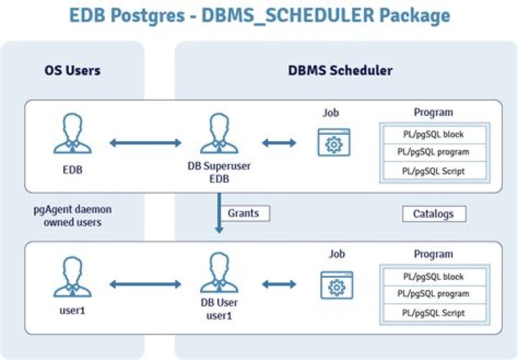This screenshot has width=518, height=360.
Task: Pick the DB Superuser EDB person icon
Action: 219,135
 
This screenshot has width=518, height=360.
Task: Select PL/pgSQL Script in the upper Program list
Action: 433,171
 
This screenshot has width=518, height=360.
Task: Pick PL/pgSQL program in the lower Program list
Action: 433,294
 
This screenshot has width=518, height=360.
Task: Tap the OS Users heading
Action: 72,71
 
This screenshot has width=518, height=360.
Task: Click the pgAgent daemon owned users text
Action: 72,216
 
